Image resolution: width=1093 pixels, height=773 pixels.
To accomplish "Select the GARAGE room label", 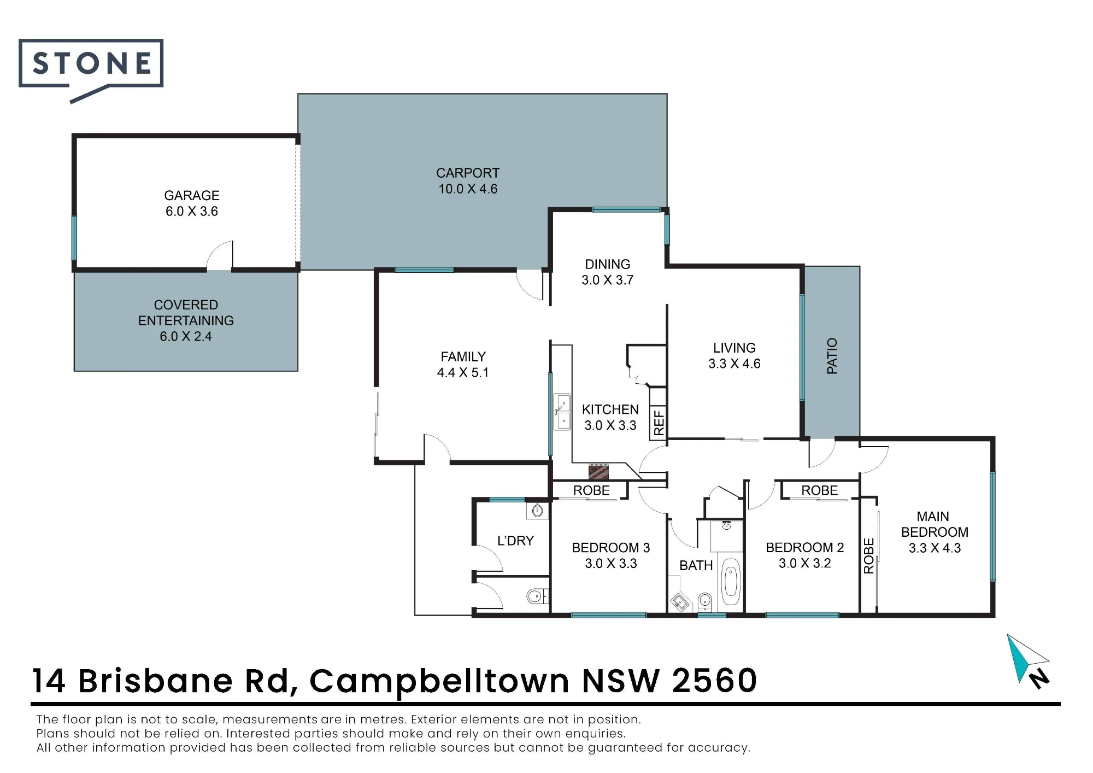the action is point(192,195).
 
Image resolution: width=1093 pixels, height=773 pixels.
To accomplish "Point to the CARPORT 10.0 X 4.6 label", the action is point(468,181).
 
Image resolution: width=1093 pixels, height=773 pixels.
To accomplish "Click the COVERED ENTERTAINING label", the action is point(186,312).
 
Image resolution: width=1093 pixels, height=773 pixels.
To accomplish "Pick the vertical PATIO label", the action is point(832,356).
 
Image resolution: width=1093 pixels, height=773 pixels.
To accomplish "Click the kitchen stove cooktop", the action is point(599,471).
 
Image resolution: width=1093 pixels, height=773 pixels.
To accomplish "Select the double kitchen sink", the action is point(562,412).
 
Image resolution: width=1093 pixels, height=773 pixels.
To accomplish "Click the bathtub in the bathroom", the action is point(730,581).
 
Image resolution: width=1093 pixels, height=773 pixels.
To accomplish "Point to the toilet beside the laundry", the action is point(537,596).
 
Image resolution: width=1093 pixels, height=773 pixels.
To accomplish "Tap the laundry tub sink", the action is point(537,511).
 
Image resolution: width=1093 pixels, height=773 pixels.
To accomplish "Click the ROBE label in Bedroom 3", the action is point(591,490).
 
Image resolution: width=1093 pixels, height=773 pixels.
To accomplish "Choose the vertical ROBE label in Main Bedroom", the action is point(868,555).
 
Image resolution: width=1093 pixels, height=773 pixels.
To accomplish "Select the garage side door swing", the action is point(220,255).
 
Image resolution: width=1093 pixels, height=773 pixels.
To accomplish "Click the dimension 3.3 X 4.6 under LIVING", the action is point(734,364).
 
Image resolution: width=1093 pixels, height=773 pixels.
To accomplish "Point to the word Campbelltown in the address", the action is point(439,681).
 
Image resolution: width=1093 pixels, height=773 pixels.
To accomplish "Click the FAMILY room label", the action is point(463,356).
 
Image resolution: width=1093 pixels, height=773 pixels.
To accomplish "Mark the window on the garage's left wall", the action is point(74,238).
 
